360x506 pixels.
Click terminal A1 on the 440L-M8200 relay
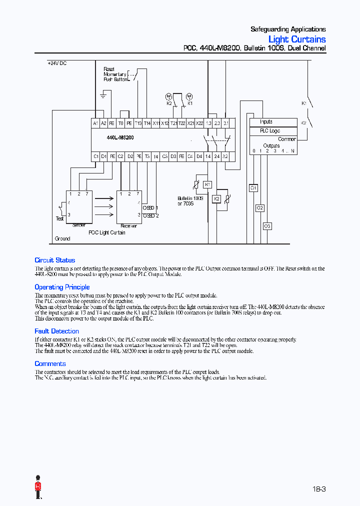(95, 123)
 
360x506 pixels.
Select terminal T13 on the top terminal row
(138, 123)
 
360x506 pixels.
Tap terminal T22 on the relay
(182, 123)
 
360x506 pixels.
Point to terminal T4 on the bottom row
(156, 156)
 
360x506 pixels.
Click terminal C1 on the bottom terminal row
(95, 156)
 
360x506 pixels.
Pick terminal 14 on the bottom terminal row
(208, 156)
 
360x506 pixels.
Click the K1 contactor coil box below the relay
(207, 184)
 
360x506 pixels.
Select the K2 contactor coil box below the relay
(216, 198)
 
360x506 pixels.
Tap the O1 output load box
(253, 188)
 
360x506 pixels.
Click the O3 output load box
(267, 226)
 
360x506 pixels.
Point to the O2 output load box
(260, 207)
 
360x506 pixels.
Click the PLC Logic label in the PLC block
(270, 130)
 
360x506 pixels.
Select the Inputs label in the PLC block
(266, 122)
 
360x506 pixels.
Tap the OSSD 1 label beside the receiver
(150, 207)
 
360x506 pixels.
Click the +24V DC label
(57, 63)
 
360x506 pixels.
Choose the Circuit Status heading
(55, 260)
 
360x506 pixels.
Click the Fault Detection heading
(56, 331)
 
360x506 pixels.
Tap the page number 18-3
(319, 489)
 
